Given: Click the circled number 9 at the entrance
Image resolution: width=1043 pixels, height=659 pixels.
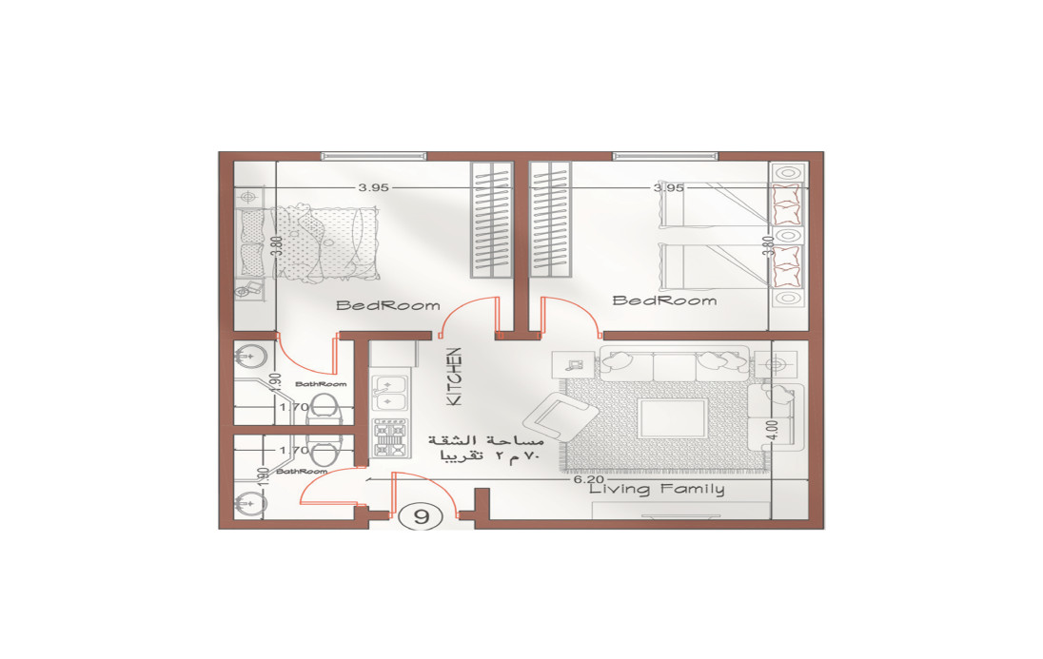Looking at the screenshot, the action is [421, 516].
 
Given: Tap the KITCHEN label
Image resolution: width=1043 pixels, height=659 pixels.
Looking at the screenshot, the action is [454, 377].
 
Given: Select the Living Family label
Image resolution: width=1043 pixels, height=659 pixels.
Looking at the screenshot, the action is [657, 490].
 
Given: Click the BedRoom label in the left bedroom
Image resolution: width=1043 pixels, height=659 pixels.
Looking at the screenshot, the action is [388, 306].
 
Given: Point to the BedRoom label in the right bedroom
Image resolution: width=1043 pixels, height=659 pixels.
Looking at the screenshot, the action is [664, 300].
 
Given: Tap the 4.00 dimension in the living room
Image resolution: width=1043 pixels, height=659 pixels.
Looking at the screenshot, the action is [773, 430].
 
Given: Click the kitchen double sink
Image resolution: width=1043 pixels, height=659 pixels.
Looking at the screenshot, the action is [388, 393].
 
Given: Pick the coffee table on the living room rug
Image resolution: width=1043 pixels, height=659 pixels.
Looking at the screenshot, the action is [673, 417].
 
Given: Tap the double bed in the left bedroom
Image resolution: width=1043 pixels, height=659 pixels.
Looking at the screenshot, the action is [307, 243].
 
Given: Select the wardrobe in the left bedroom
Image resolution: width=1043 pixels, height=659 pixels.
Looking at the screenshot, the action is [492, 220].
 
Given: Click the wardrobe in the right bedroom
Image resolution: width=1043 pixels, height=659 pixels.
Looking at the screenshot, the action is [550, 220].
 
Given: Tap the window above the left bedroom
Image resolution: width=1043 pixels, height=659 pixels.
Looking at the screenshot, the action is [374, 156].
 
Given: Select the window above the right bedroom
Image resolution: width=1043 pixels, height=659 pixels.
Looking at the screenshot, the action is [666, 156].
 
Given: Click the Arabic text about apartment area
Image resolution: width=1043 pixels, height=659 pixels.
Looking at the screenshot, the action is [485, 448].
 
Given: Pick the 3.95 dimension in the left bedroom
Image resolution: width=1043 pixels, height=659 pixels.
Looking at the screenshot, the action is [373, 187].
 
